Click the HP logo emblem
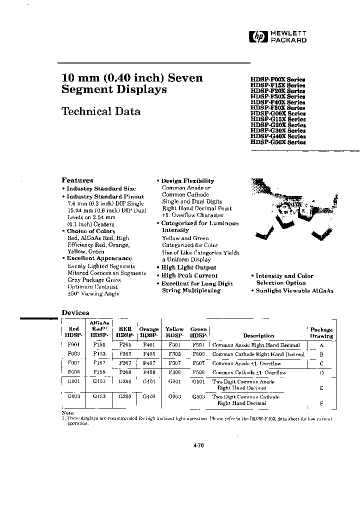[x=258, y=36]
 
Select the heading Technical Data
[x=100, y=111]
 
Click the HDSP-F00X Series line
[x=277, y=79]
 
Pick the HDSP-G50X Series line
[x=277, y=142]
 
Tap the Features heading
[x=77, y=180]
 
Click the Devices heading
[x=75, y=312]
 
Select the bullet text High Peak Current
[x=189, y=275]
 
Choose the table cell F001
[x=73, y=345]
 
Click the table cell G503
[x=198, y=396]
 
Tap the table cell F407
[x=149, y=363]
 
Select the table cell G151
[x=99, y=381]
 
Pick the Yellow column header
[x=174, y=329]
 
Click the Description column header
[x=258, y=336]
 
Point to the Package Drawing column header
[x=321, y=333]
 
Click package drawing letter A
[x=321, y=345]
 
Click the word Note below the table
[x=67, y=413]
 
